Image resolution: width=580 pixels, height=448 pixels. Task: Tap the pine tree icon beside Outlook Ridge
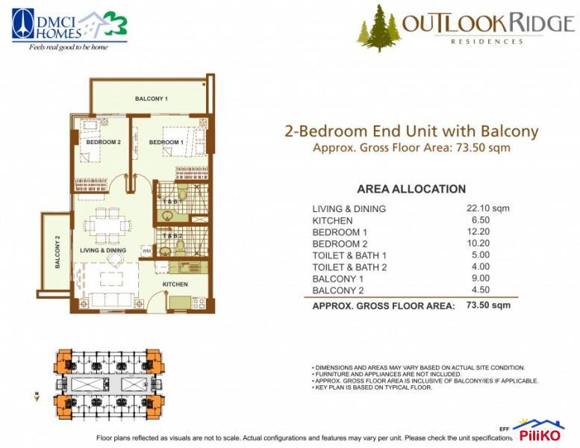[378, 29]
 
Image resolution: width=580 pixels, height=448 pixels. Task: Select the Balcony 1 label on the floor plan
[151, 99]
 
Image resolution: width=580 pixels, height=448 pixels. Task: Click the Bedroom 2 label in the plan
[103, 142]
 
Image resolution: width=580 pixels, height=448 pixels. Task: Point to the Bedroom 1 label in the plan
[166, 142]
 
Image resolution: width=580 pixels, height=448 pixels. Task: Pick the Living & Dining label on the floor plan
[103, 250]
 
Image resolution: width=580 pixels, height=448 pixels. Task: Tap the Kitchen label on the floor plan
[175, 284]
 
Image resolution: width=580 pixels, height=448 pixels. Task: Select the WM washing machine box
[146, 251]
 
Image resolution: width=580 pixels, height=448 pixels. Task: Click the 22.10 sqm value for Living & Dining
[487, 208]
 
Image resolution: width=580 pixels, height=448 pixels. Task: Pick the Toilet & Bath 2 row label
[349, 267]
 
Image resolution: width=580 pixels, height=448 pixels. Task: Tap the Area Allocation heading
[411, 189]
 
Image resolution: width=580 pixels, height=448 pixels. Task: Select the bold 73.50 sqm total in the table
[488, 305]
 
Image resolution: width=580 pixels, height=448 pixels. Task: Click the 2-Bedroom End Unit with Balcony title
[411, 131]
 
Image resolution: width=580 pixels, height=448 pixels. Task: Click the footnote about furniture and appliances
[385, 374]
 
